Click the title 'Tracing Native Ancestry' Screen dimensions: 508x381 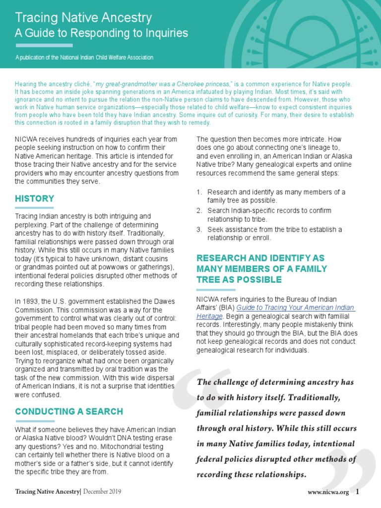click(83, 18)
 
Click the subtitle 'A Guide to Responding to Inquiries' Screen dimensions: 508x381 click(101, 34)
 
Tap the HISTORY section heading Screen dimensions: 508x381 click(35, 198)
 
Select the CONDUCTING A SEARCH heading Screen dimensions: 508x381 click(69, 412)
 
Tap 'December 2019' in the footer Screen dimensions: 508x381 click(102, 492)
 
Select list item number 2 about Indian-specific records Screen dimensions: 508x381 click(269, 215)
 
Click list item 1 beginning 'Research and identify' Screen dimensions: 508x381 click(276, 196)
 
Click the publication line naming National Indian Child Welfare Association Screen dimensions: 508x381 click(84, 58)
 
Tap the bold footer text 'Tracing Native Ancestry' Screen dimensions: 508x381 click(48, 492)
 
